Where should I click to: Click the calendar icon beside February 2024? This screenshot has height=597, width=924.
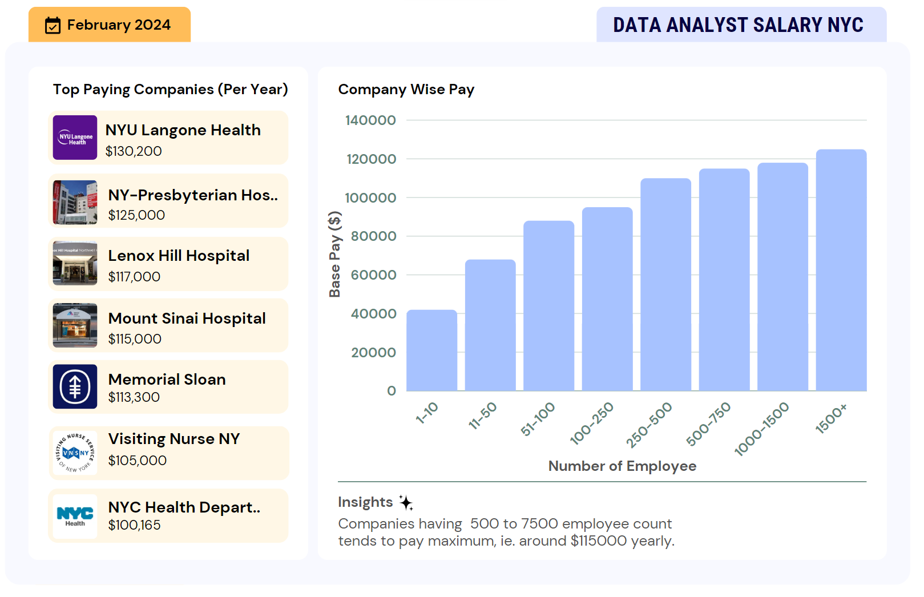53,25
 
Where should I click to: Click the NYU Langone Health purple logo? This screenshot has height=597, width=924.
75,138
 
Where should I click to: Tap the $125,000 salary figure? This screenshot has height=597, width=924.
136,215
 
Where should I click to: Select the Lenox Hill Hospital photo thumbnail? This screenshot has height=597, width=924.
75,263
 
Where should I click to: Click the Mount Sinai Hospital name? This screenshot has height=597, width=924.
187,318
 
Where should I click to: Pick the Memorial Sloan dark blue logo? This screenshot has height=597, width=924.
75,386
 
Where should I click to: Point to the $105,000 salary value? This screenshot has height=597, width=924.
137,461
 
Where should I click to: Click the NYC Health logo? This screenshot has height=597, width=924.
75,516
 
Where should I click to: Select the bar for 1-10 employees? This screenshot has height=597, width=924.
431,350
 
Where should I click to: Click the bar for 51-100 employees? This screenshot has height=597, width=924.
548,306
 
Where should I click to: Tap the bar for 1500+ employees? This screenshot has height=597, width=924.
841,271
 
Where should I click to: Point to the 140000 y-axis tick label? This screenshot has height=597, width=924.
370,120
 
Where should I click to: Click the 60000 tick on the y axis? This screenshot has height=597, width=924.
373,275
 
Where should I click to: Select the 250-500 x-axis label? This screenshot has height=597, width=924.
649,425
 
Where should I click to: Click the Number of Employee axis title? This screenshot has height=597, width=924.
622,466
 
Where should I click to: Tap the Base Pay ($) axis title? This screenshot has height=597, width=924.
334,255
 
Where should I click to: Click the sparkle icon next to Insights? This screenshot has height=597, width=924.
406,502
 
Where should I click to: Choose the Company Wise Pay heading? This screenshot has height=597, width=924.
406,90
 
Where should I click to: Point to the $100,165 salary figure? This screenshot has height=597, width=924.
134,525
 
